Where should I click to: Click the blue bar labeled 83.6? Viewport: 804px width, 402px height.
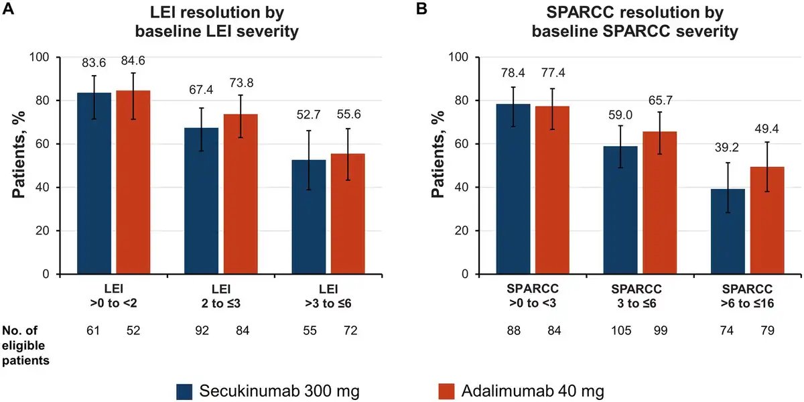[x=94, y=184]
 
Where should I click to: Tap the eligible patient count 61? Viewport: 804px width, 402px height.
[x=94, y=330]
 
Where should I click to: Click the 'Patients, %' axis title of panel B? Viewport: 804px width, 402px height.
[x=438, y=165]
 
